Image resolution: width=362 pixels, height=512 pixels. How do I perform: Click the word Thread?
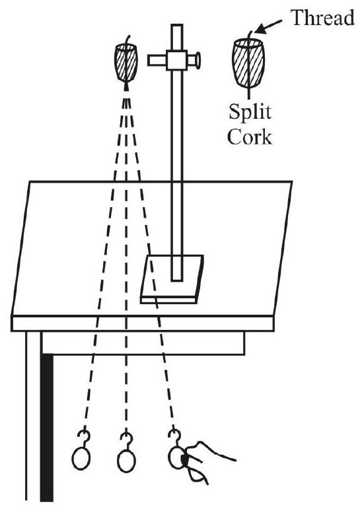coord(322,18)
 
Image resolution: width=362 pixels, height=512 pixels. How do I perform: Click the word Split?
coord(250,112)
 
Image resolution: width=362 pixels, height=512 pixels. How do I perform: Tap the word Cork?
coord(250,137)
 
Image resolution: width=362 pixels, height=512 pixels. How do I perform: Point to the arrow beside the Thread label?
coord(268,27)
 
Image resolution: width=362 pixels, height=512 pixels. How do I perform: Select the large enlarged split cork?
coord(248,63)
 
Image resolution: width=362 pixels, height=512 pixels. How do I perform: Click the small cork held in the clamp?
coord(126,63)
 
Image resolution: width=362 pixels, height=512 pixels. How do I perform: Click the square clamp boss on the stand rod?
coord(176,60)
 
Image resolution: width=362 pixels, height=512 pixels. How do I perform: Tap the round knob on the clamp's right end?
coord(198,60)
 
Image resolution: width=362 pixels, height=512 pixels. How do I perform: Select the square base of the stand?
coord(172,279)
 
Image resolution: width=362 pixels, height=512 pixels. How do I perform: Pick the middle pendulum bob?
coord(126,461)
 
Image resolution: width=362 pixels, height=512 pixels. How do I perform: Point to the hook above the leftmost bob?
coord(84,439)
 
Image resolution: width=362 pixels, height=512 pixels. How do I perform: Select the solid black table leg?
coord(47,428)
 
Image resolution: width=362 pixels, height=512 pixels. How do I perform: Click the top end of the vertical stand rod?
coord(177,25)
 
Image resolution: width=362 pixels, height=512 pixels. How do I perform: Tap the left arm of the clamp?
coord(157,60)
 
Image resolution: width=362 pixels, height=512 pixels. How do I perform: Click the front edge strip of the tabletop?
coord(142,323)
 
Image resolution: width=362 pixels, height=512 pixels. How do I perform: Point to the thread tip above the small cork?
coord(130,35)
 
